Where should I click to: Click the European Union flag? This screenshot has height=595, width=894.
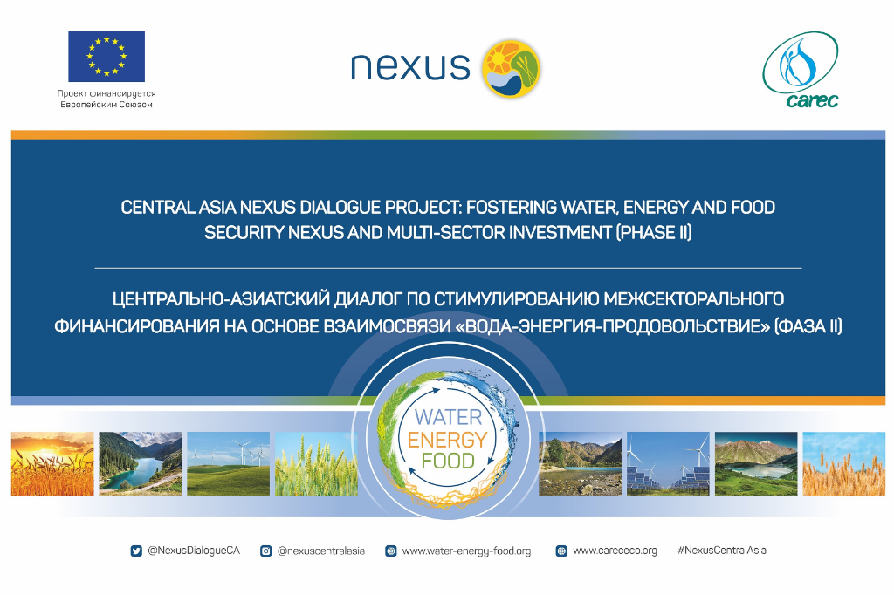tap(107, 57)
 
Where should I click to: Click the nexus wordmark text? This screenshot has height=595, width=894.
tap(409, 66)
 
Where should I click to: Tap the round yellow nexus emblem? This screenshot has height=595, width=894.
tap(512, 67)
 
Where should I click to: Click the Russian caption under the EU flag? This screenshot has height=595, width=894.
tap(106, 99)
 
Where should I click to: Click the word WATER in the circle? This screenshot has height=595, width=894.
tap(448, 417)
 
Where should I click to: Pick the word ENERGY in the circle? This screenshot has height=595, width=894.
tap(447, 440)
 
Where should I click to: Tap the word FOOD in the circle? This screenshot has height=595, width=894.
tap(447, 462)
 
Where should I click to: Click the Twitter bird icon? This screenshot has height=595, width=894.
tap(136, 551)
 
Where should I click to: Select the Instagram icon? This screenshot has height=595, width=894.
tap(266, 551)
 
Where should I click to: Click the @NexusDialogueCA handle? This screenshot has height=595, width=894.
tap(193, 551)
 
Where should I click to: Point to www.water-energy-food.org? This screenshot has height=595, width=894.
tap(465, 551)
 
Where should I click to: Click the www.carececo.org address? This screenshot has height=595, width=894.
tap(615, 551)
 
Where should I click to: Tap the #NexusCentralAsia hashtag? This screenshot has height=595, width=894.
tap(721, 551)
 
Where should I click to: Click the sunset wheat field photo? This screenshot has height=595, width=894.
tap(52, 464)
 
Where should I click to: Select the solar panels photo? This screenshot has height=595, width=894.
tap(668, 464)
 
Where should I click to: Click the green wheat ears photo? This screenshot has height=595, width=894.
tap(316, 464)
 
